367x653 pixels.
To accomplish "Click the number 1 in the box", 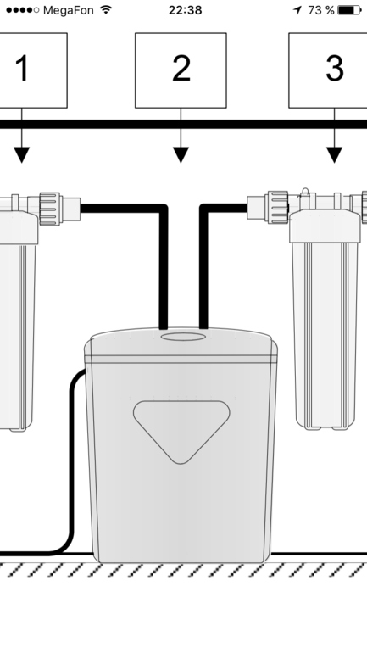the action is pos(23,68).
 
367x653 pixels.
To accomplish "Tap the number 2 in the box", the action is pos(181,68).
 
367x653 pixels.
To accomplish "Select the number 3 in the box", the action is pos(335,68).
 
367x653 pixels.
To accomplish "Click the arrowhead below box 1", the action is pos(22,155).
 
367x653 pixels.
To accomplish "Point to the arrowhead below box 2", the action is pos(181,155).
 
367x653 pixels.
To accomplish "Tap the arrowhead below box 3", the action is pos(334,155).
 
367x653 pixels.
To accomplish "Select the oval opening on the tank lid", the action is pos(183,336).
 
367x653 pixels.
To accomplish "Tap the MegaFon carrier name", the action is pos(69,10).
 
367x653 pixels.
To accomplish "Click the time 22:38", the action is pos(185,10).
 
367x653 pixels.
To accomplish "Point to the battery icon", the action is pos(349,10).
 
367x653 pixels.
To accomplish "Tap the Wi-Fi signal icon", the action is pos(107,10).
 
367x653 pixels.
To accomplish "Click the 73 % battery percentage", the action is pos(321,10).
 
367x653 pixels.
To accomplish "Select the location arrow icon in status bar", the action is pos(297,10).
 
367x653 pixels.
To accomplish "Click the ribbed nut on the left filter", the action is pos(50,209).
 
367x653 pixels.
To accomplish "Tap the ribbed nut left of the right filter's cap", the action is pos(278,207).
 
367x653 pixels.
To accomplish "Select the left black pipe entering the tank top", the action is pos(164,266).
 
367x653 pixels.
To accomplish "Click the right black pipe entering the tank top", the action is pos(203,266).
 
